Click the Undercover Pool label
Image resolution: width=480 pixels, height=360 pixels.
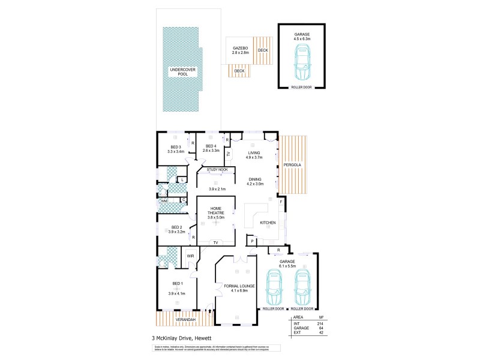tap(179, 72)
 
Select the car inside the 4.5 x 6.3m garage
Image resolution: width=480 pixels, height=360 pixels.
tap(302, 60)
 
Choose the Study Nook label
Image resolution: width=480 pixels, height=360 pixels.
tap(217, 170)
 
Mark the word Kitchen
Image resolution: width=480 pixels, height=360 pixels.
tap(268, 223)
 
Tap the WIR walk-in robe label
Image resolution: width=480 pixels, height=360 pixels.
tap(191, 256)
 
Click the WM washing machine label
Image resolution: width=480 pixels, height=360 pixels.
tap(163, 200)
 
